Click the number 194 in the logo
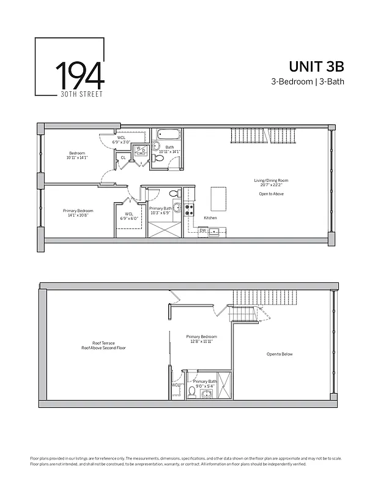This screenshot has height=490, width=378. tap(80, 75)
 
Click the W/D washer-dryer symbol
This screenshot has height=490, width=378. tap(139, 149)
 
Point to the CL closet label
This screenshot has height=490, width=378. tap(123, 157)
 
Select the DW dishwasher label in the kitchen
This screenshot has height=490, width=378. tap(202, 230)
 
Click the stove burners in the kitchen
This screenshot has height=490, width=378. tap(189, 211)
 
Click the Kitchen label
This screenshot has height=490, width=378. tap(210, 218)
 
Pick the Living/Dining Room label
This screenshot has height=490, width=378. tap(271, 180)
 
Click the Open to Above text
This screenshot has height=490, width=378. tap(271, 194)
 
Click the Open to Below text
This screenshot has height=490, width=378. tap(280, 354)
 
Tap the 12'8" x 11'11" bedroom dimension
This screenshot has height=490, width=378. tap(201, 342)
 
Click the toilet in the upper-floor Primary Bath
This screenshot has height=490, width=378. tap(191, 390)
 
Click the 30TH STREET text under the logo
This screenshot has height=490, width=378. tap(80, 94)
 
